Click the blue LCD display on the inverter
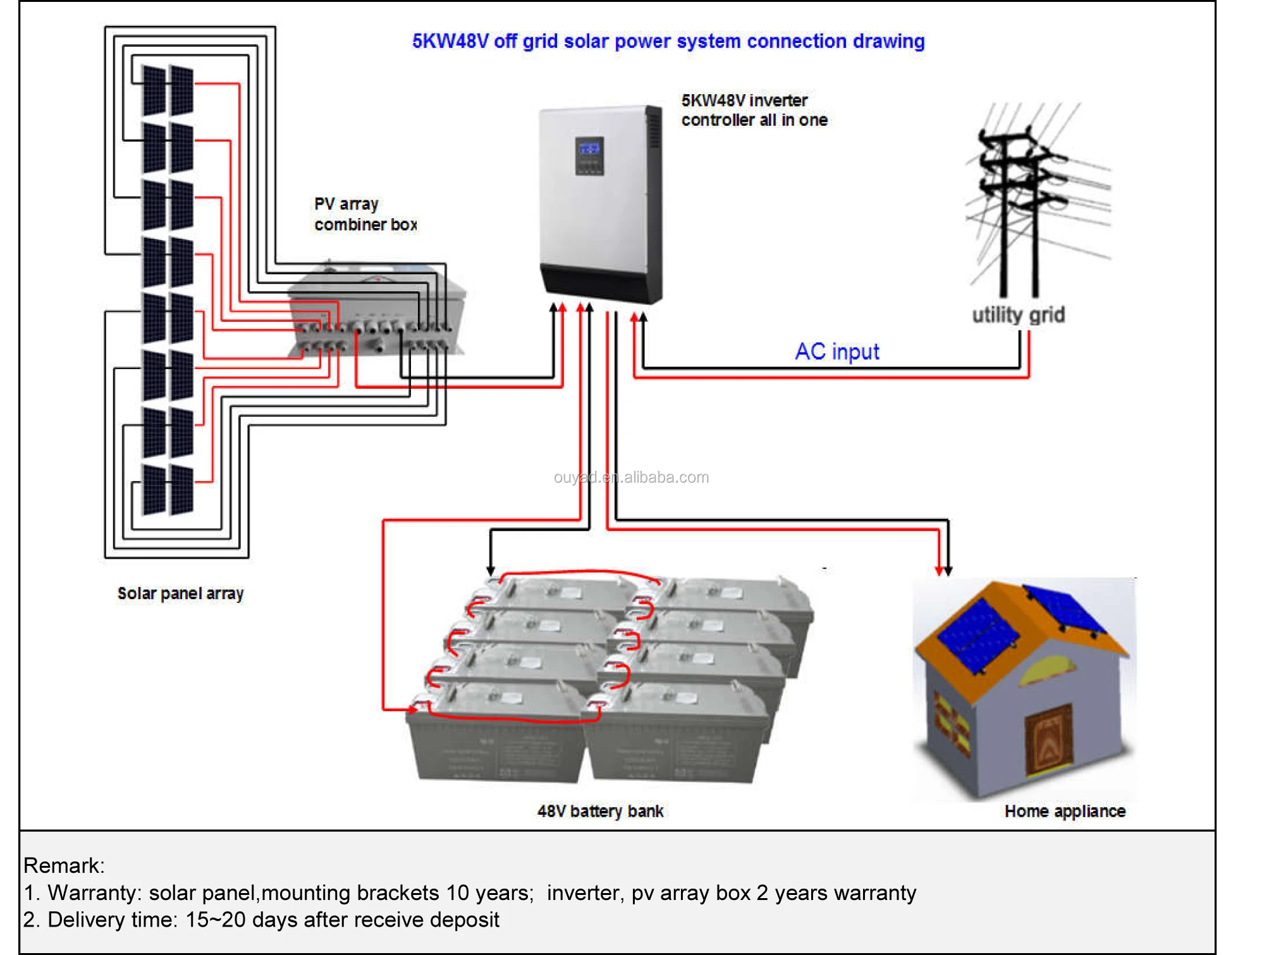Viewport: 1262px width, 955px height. pyautogui.click(x=589, y=150)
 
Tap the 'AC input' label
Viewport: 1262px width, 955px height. pyautogui.click(x=836, y=351)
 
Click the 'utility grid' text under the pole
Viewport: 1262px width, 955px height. pyautogui.click(x=1018, y=315)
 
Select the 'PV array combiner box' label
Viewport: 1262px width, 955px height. pyautogui.click(x=365, y=214)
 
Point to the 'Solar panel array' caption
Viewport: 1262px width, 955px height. pyautogui.click(x=180, y=593)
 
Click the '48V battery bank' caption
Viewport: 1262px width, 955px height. pyautogui.click(x=600, y=811)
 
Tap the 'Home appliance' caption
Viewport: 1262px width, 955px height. pyautogui.click(x=1064, y=811)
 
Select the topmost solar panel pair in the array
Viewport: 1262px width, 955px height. pyautogui.click(x=168, y=90)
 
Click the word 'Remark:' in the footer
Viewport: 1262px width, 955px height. pyautogui.click(x=64, y=865)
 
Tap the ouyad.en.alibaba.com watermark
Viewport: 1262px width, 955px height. pyautogui.click(x=631, y=477)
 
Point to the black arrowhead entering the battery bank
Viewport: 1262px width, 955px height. pyautogui.click(x=491, y=570)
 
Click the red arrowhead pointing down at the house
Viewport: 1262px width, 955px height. pyautogui.click(x=939, y=571)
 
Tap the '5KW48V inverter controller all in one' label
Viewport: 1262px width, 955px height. pyautogui.click(x=754, y=110)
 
